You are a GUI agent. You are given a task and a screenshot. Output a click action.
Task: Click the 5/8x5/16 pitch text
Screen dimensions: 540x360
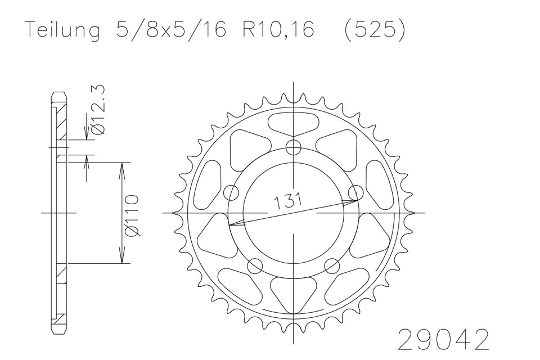(171, 30)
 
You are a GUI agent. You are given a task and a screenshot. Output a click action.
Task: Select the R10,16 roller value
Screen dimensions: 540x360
(278, 30)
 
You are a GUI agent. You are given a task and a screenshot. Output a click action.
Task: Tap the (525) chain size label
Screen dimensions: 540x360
(375, 30)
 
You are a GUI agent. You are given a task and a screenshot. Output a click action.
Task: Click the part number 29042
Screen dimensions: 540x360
(444, 340)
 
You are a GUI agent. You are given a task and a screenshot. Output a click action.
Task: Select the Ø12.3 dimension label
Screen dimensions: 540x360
(97, 110)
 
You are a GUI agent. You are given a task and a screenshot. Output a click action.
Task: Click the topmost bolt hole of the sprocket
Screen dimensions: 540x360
(294, 148)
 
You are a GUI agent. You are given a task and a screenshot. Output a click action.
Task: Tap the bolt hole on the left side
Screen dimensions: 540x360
(231, 193)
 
